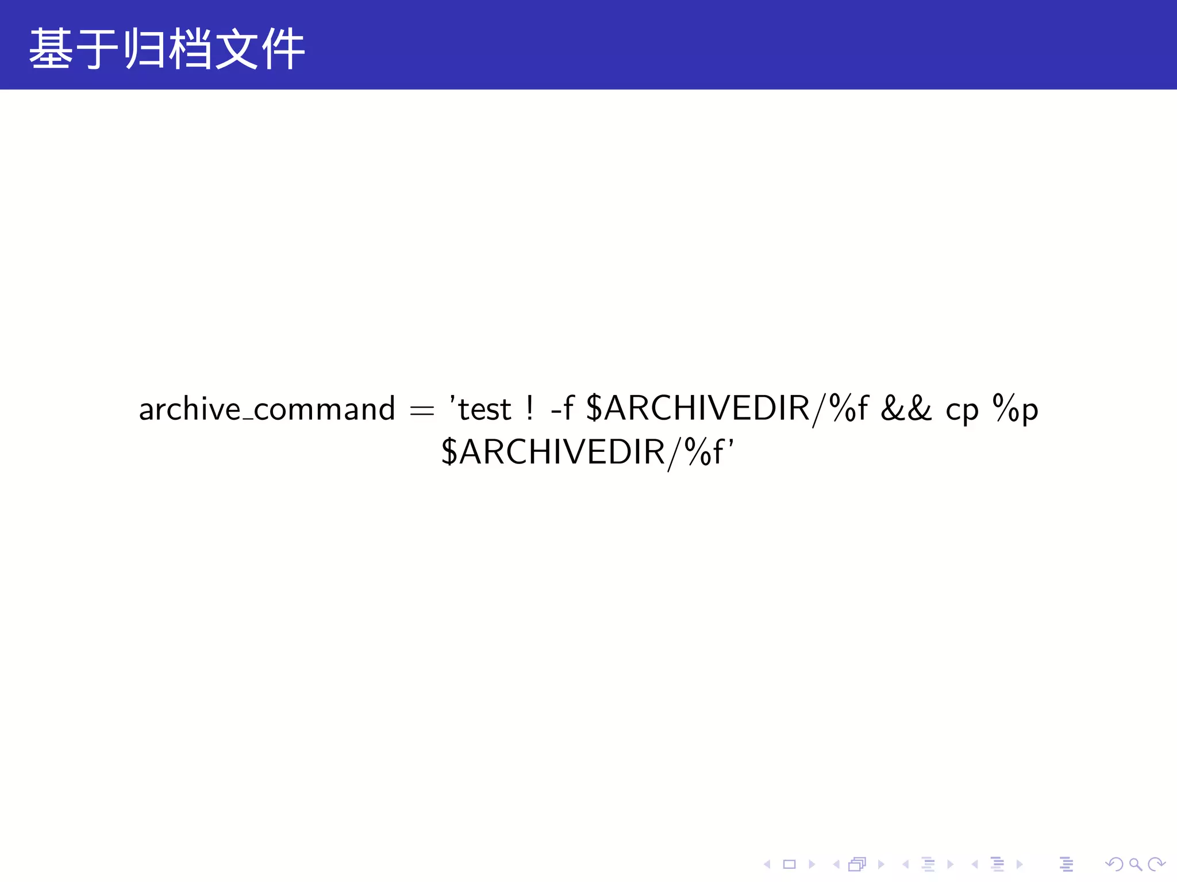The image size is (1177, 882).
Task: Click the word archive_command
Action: tap(267, 409)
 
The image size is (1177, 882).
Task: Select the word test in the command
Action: tap(484, 409)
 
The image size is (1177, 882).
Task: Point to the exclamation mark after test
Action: tap(529, 408)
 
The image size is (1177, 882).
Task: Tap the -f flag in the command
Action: tap(562, 408)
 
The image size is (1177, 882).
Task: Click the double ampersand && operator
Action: tap(906, 408)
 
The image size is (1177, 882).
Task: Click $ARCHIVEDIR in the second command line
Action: tap(553, 452)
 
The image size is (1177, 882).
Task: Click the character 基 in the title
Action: tap(51, 49)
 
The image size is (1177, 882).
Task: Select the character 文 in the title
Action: tap(236, 49)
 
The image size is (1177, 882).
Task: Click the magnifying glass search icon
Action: tap(1135, 864)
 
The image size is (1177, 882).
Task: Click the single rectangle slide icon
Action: tap(789, 864)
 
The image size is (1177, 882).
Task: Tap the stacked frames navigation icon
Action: tap(857, 864)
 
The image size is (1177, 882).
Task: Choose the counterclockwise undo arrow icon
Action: tap(1114, 864)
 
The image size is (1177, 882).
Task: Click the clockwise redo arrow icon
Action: tap(1156, 864)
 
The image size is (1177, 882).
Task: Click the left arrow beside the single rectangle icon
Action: tap(767, 864)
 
